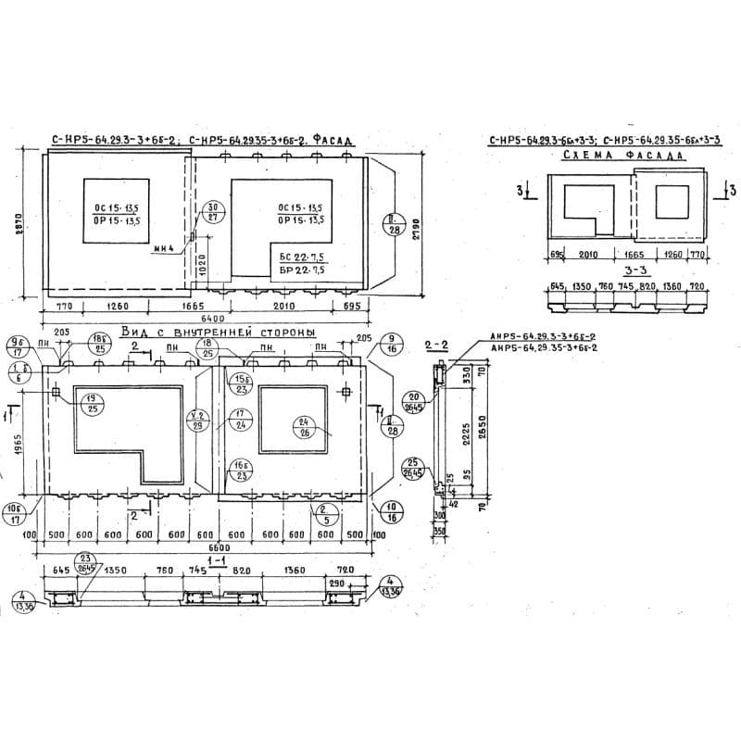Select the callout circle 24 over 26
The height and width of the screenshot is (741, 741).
tap(302, 426)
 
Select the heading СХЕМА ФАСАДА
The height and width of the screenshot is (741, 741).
tap(622, 157)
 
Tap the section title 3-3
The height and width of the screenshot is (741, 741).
tap(634, 271)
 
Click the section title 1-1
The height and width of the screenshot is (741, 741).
tap(220, 561)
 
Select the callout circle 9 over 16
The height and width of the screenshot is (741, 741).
tap(391, 345)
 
